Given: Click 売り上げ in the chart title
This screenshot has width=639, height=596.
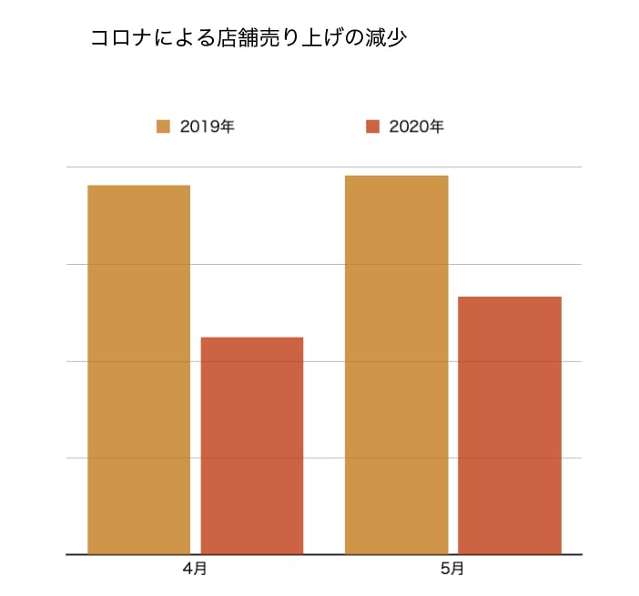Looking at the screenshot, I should tap(305, 38).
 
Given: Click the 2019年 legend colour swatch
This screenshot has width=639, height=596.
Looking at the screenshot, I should tap(164, 126).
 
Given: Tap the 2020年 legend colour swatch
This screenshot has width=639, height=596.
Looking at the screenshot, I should tap(372, 126).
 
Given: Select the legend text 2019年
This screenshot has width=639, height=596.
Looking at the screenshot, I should tap(208, 126).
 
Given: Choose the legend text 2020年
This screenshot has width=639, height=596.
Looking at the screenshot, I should tap(416, 126).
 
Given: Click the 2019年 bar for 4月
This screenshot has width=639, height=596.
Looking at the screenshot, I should tap(138, 369).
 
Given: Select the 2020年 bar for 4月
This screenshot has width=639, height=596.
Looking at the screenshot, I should tap(251, 445).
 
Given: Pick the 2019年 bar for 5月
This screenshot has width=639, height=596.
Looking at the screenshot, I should tap(396, 364).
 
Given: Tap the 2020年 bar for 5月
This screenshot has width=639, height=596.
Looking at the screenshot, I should tap(509, 425).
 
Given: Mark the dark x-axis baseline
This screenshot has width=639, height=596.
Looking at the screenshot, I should tap(323, 554).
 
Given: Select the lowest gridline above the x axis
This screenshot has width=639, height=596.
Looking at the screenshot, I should tap(324, 458).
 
